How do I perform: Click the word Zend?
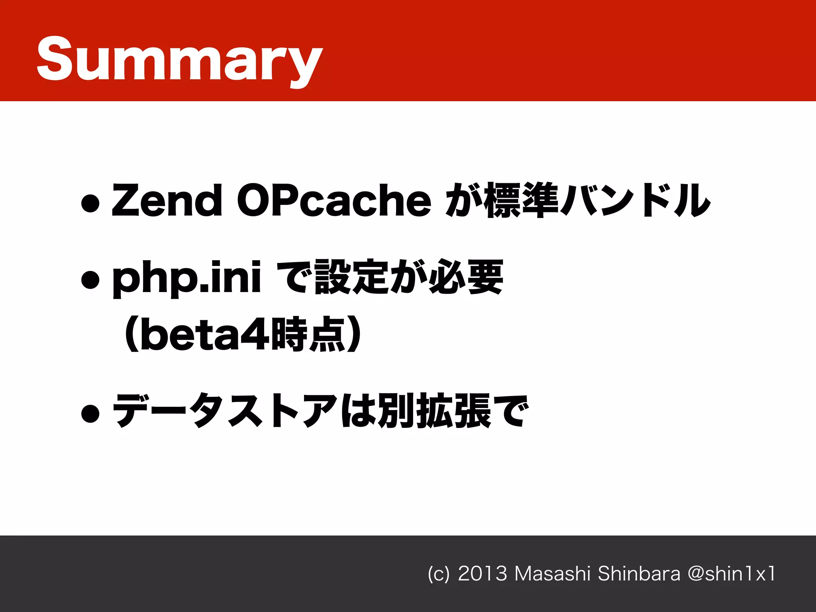click(167, 200)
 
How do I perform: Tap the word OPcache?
click(334, 200)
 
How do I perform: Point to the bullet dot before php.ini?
click(90, 280)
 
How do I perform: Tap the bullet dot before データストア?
click(90, 414)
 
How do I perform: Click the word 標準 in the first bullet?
click(521, 200)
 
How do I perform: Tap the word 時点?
click(308, 335)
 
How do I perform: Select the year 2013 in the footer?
click(483, 574)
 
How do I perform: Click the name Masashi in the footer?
click(552, 574)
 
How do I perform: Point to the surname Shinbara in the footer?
click(639, 574)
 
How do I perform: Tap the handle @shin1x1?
click(732, 574)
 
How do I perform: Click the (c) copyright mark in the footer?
click(439, 574)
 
